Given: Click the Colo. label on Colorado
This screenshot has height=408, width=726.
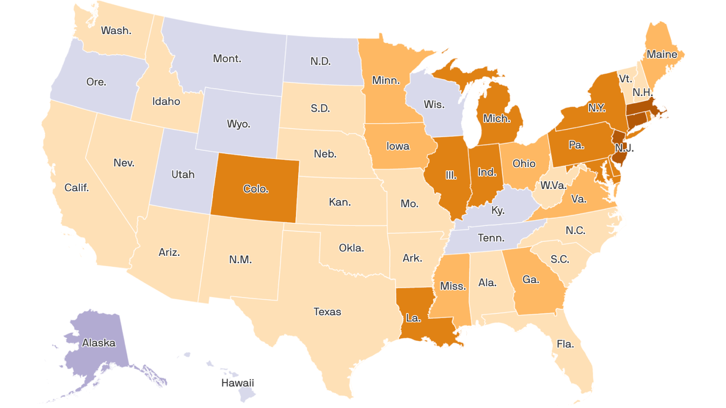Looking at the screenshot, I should [256, 189].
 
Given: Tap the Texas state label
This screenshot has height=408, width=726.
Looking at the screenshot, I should [327, 312].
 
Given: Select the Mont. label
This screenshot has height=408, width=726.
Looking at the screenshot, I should [227, 58].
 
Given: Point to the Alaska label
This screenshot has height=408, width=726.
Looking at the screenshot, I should [98, 343].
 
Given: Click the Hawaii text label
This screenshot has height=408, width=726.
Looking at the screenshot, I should [237, 383].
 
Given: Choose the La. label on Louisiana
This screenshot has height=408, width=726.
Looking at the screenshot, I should [413, 318].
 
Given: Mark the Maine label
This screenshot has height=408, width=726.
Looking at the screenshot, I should [662, 54].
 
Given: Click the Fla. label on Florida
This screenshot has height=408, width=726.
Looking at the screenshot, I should [565, 344].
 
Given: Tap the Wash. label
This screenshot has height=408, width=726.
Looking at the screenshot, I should [116, 30].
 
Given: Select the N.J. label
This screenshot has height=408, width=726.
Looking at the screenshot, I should [624, 148].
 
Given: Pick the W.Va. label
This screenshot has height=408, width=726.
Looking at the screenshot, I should [553, 185].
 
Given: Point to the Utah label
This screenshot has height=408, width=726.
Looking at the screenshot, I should [183, 174].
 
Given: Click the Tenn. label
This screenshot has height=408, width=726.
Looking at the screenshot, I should [491, 238].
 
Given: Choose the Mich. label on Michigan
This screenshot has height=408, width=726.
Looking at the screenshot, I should [497, 119].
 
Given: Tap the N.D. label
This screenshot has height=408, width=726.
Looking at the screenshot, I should [320, 61].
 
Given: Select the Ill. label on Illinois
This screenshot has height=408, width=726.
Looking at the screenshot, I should [451, 175].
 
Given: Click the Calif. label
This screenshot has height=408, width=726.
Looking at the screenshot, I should [77, 187].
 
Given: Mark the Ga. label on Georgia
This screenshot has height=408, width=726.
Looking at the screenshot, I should [531, 279].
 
